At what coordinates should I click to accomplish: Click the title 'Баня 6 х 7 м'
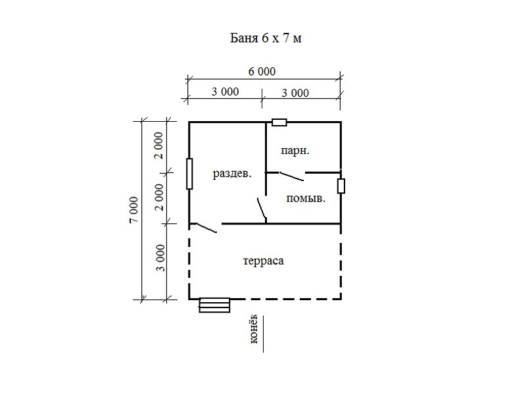click(266, 38)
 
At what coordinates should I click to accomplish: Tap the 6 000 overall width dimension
click(262, 71)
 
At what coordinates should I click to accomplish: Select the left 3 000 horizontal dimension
click(225, 92)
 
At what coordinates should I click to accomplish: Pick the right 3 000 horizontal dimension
click(295, 93)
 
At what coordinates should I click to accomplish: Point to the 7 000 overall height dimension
click(134, 210)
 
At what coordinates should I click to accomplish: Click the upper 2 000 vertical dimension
click(159, 145)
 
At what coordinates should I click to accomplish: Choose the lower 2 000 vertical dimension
click(159, 197)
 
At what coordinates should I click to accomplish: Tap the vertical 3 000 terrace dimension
click(161, 258)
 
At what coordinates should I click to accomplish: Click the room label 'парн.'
click(295, 151)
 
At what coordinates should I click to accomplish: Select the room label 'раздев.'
click(232, 174)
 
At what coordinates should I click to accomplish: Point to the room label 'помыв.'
click(306, 199)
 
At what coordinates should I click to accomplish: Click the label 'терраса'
click(264, 261)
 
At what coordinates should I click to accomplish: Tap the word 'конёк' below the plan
click(254, 329)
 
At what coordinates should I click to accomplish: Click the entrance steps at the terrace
click(214, 305)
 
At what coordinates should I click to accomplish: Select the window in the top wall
click(279, 122)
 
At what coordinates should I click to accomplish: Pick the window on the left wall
click(189, 174)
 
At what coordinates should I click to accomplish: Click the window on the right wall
click(341, 186)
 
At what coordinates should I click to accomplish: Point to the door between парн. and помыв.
click(292, 176)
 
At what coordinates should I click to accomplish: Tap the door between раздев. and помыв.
click(262, 209)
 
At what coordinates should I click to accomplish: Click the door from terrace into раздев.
click(205, 228)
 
